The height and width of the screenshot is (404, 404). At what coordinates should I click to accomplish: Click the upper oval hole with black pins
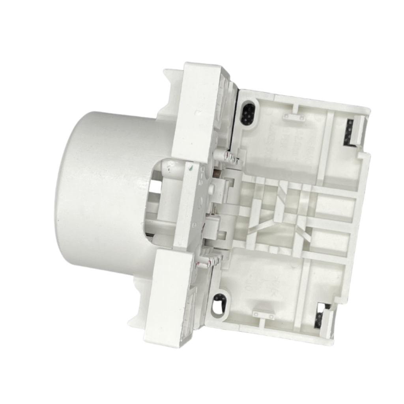247,114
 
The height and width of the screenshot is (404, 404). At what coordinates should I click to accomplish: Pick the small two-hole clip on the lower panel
263,315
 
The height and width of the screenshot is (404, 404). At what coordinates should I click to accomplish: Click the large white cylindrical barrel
103,189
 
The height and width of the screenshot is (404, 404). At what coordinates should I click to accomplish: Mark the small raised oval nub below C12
211,189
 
